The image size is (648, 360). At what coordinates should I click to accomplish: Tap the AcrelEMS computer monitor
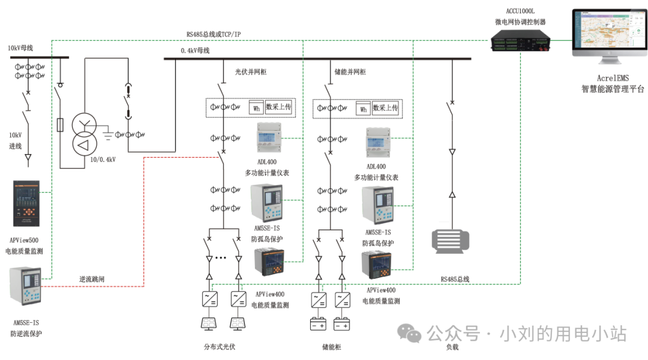607,33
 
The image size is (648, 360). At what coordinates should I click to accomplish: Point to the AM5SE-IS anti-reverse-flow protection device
26,286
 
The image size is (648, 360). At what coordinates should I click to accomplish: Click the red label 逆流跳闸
94,280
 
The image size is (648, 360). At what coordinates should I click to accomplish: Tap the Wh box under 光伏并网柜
256,109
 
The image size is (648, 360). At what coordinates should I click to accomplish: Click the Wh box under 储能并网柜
363,109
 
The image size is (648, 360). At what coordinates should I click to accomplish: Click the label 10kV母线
20,48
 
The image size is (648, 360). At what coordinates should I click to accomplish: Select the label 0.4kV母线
195,51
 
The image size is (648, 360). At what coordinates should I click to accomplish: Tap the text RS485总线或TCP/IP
214,35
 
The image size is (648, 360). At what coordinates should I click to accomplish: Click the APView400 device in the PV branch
269,262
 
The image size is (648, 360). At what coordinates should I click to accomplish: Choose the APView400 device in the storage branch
376,265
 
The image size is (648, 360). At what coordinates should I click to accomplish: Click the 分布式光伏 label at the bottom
220,347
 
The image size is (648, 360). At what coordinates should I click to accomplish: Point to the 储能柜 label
332,347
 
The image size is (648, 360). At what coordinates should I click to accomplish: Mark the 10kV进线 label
16,140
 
